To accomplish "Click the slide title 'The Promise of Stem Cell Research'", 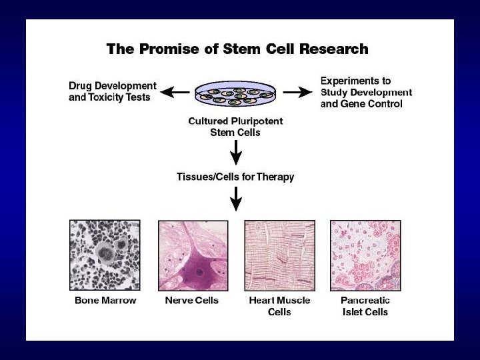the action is (237, 49).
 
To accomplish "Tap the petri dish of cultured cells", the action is (236, 96).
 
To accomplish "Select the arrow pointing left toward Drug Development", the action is (176, 92).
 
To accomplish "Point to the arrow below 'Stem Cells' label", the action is (236, 153).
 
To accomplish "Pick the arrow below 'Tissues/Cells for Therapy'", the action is (236, 199).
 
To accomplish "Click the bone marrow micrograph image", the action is (105, 255).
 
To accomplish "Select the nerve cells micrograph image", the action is (193, 255).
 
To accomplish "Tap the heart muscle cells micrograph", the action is (279, 255).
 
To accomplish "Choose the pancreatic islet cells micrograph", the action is (365, 255).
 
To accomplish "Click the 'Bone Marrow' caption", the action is (105, 301).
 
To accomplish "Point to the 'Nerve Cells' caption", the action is (192, 301).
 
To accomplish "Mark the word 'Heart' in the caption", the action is (263, 301).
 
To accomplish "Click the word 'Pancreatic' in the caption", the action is (365, 301).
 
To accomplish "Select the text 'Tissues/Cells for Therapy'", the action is (235, 177).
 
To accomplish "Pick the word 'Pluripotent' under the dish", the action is (257, 121).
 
